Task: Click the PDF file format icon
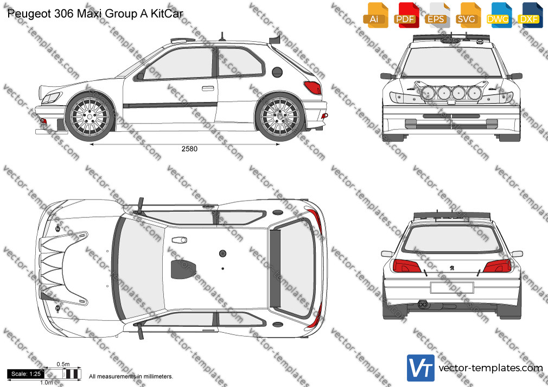click(406, 15)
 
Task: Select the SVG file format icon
click(468, 15)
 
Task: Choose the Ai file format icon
click(375, 15)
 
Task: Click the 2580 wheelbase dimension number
click(189, 149)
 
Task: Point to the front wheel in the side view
click(90, 117)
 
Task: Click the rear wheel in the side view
click(280, 117)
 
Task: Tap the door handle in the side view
click(208, 88)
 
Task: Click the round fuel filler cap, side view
click(277, 72)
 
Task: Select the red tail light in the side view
click(313, 87)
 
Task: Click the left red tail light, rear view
click(406, 266)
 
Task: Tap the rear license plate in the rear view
click(452, 288)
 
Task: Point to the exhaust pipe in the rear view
click(423, 305)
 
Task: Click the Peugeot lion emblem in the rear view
click(452, 268)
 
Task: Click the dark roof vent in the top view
click(183, 269)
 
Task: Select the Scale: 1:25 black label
click(26, 374)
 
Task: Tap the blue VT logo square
click(421, 368)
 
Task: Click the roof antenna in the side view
click(221, 37)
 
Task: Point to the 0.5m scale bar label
click(63, 364)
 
